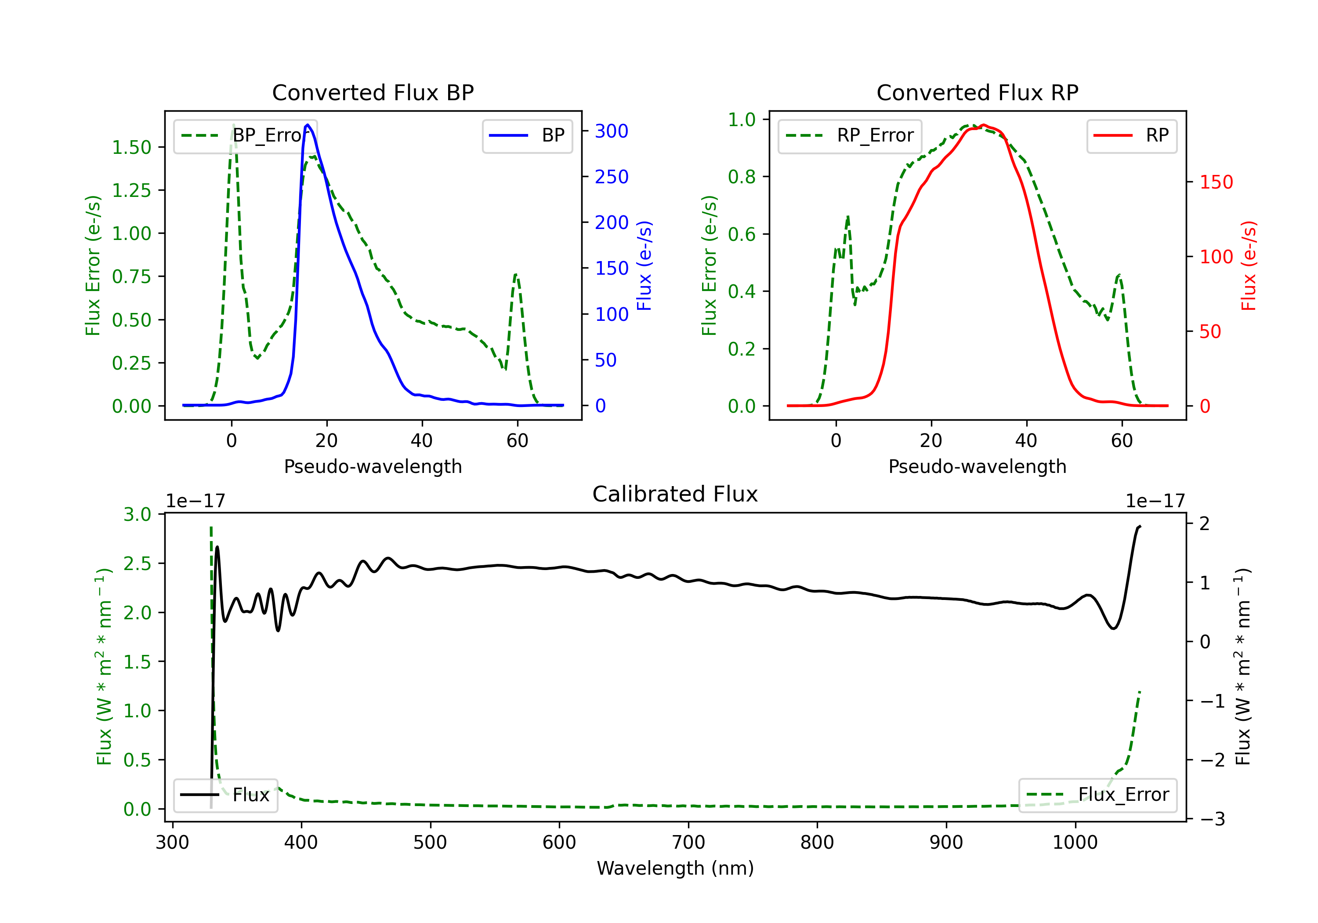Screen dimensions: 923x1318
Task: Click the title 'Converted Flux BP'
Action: [373, 92]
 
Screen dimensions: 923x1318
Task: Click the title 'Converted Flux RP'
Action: [977, 92]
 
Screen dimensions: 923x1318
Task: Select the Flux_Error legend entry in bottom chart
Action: [1097, 795]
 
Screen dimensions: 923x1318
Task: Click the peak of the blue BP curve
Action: [308, 125]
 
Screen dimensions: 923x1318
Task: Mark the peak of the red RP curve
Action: [983, 125]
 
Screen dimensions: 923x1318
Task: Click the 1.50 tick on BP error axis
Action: [131, 148]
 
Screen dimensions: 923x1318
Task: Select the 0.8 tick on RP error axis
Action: [742, 177]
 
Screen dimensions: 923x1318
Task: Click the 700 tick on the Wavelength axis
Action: [688, 842]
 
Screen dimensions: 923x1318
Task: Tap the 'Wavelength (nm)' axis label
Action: [675, 868]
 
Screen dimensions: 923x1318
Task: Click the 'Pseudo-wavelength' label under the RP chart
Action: [977, 466]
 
